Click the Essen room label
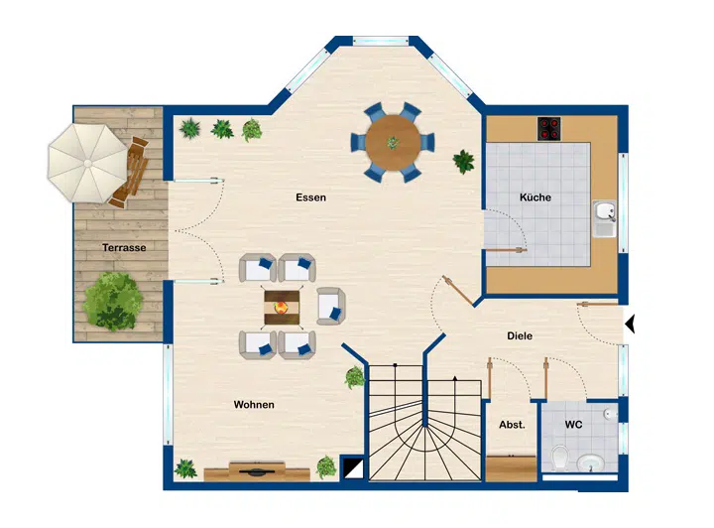coord(311,198)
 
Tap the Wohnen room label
coord(254,405)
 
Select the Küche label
coord(535,198)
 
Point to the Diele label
coord(520,335)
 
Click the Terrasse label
coord(124,247)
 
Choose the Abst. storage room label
coord(512,425)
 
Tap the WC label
coord(573,425)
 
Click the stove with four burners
coord(549,129)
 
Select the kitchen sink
coord(604,218)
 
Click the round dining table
coord(393,143)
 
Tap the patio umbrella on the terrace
coord(87,163)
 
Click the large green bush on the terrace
coord(112,301)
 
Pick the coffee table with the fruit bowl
coord(282,308)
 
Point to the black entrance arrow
coord(630,325)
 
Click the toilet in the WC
coord(559,457)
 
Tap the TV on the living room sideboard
coord(257,471)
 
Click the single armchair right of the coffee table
coord(331,306)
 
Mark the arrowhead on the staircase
coord(454,378)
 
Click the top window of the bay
coord(381,41)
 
